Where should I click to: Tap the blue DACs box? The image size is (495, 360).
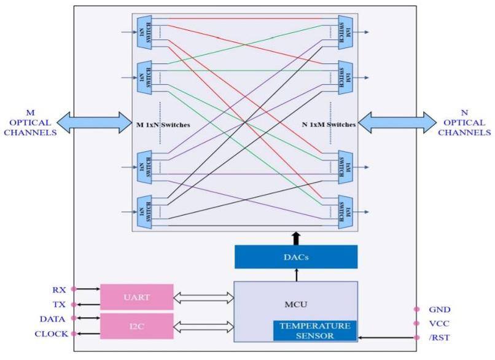click(296, 257)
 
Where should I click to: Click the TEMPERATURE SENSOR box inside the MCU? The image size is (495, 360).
click(315, 331)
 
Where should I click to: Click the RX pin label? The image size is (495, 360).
click(60, 288)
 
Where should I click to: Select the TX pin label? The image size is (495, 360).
click(60, 304)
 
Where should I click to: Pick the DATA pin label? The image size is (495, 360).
click(53, 318)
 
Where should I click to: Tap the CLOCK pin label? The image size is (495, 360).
click(52, 334)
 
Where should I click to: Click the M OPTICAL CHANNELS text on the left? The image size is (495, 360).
click(30, 122)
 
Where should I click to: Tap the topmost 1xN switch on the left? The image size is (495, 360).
click(145, 31)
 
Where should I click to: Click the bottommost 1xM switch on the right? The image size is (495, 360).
click(345, 212)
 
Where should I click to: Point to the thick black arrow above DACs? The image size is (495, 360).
click(296, 238)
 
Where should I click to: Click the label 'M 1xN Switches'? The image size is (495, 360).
click(163, 125)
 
